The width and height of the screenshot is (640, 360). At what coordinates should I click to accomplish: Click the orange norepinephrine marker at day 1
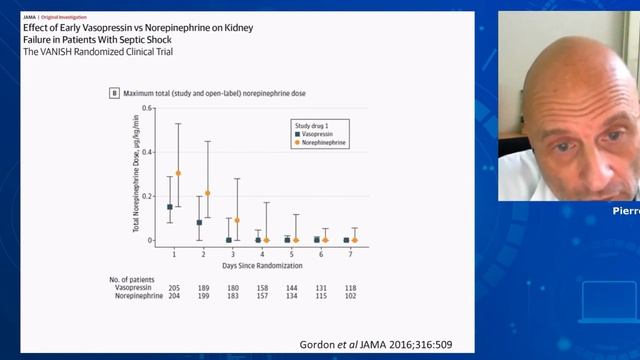178,173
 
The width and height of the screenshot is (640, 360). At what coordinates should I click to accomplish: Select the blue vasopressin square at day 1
170,207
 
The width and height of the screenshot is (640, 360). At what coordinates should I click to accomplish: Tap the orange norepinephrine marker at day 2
207,193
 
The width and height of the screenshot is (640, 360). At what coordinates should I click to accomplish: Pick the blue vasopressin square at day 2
199,222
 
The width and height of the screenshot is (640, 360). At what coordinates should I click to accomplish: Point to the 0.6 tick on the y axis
147,107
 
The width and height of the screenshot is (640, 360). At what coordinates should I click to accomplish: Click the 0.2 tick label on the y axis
147,196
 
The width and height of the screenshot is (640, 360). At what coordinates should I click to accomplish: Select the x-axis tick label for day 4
262,255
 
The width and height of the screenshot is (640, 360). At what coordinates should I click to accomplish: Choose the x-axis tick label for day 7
350,255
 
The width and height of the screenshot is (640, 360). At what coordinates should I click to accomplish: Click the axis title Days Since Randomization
262,268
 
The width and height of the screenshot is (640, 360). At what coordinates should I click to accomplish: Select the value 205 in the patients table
174,287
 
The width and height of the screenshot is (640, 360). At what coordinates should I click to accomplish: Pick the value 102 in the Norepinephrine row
350,296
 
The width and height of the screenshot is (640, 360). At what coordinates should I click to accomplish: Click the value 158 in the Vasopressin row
262,287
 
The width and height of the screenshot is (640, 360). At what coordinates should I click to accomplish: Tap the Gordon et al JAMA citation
375,344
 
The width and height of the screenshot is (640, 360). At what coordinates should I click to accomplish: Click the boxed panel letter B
113,92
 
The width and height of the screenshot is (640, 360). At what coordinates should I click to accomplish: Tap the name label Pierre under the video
626,211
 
